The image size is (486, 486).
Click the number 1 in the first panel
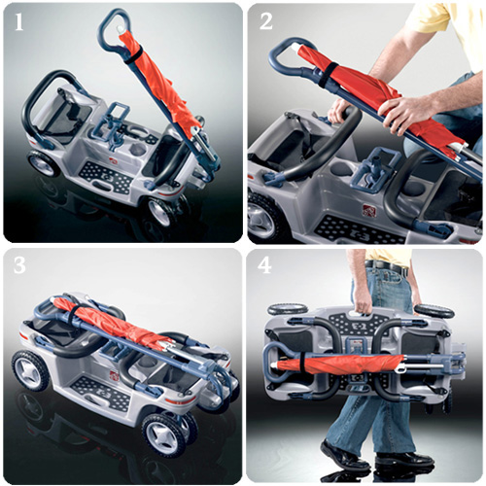tap(19, 22)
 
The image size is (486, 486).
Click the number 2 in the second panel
tap(265, 21)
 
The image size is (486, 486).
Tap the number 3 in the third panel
tap(19, 265)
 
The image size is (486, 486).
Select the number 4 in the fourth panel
tap(264, 265)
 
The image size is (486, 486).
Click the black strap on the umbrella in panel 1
tap(133, 55)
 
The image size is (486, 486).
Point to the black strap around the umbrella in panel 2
tap(328, 75)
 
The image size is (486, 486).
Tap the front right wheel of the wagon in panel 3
tap(165, 435)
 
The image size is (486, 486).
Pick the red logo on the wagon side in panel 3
tap(114, 375)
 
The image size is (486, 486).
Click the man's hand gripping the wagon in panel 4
tap(363, 304)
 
